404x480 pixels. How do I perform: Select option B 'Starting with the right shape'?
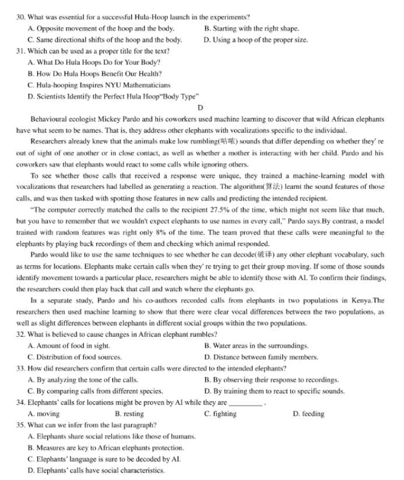coord(252,29)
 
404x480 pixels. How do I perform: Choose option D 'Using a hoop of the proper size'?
coord(256,40)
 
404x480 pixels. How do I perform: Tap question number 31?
coord(21,51)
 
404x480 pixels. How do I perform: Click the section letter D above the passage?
coord(201,108)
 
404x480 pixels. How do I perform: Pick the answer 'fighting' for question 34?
coord(221,414)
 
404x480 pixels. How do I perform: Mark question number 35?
coord(21,425)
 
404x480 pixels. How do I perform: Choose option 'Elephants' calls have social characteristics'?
coord(96,470)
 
